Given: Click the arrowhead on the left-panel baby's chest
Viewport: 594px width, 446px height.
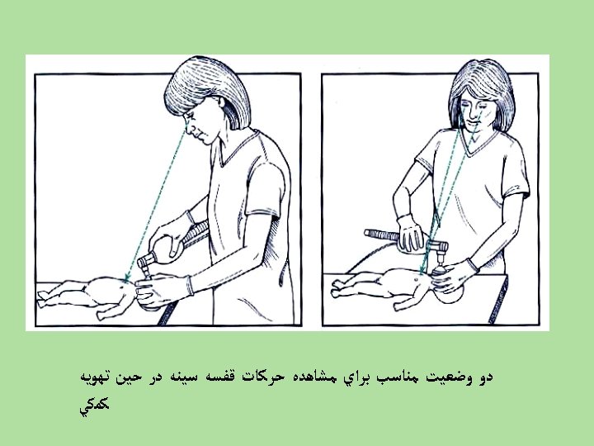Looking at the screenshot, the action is point(126,278).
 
